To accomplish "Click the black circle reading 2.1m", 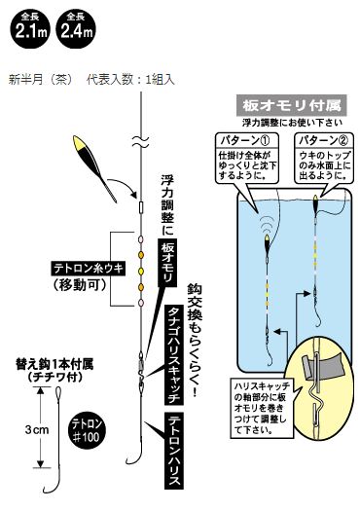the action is pos(30,27).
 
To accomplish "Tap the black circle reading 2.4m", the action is pos(76,27).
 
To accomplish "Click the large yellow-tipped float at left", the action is pos(93,167).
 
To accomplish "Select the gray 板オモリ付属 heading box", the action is pos(291,105).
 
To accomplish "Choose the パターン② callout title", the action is pos(323,140).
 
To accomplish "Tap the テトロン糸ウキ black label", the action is pos(88,269).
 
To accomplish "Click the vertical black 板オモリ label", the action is pos(168,263).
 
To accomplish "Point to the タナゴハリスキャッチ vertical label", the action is pos(174,354).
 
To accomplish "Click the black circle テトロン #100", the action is pos(86,431).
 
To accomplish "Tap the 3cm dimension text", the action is pos(37,429).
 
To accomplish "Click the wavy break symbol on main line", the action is pos(141,141).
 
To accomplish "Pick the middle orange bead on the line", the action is pos(141,271).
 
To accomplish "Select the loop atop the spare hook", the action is pos(58,393).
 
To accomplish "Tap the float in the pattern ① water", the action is pos(266,243).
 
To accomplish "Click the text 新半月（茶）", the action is pos(40,80).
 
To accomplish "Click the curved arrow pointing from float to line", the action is pos(124,184).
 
